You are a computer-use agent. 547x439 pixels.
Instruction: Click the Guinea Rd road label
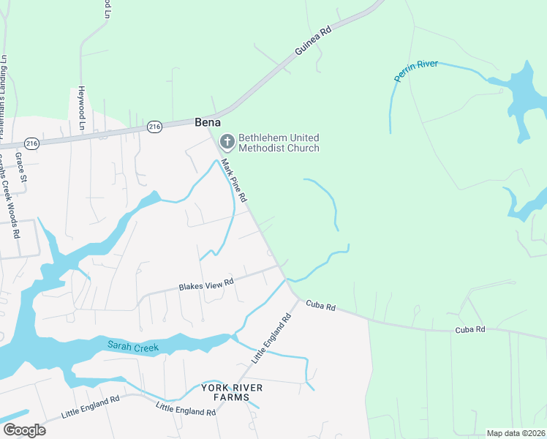[314, 41]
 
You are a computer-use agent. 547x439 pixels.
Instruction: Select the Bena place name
[208, 123]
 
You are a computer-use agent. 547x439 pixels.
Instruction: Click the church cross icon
[227, 140]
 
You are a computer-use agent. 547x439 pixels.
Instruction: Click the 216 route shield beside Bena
[154, 127]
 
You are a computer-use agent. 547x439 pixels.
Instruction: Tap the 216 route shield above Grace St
[31, 142]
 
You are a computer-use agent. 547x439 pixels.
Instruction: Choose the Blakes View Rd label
[206, 284]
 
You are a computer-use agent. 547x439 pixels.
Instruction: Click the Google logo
[23, 430]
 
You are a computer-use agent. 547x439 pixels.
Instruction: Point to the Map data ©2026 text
[516, 433]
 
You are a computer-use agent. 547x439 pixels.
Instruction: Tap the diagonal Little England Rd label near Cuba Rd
[272, 338]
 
